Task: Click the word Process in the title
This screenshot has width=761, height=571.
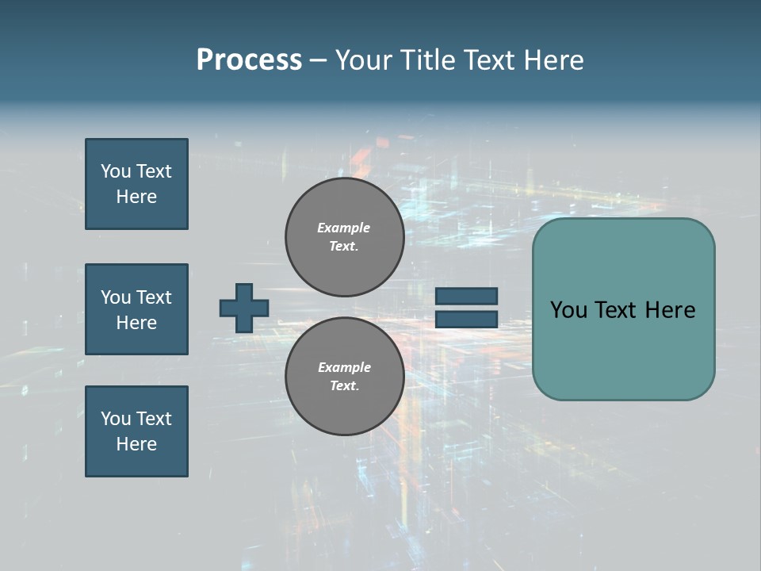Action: (x=249, y=60)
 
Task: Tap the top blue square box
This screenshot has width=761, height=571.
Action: (x=136, y=184)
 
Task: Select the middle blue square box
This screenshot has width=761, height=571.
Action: (x=136, y=309)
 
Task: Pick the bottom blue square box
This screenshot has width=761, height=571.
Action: (x=136, y=431)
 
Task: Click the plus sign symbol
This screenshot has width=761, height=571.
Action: (x=244, y=308)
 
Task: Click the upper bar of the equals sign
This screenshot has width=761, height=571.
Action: (x=466, y=296)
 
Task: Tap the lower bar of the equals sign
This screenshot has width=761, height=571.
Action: (x=466, y=319)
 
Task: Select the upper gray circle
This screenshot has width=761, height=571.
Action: (x=345, y=237)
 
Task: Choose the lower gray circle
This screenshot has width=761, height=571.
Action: (x=345, y=377)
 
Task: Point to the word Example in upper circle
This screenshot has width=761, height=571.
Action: (x=344, y=228)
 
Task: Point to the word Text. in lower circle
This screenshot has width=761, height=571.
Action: (x=344, y=386)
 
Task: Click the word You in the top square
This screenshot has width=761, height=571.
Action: (x=116, y=171)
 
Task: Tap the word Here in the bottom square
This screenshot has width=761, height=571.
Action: (x=136, y=444)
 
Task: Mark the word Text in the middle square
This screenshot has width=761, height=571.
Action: (x=153, y=297)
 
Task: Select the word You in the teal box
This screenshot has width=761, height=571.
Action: (x=568, y=310)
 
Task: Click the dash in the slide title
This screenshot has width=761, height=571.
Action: (x=318, y=61)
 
